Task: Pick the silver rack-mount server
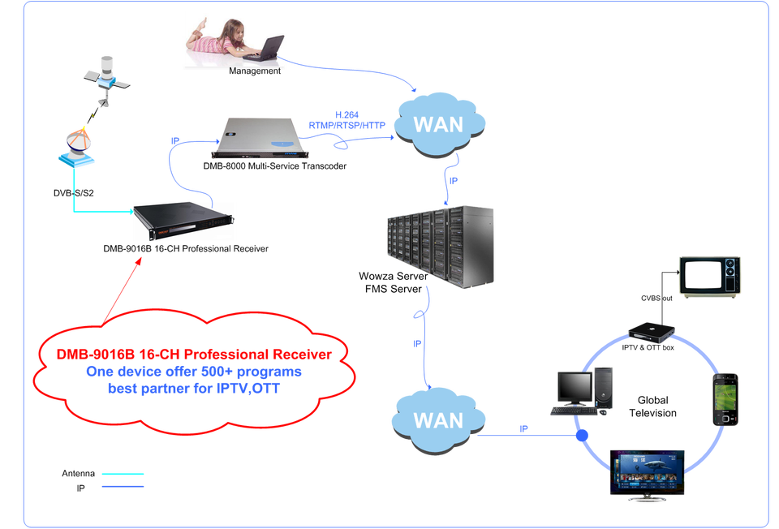point(260,138)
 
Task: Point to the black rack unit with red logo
point(183,221)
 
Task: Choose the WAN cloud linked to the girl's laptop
point(439,124)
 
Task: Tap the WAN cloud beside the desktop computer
point(438,419)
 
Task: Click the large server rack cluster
point(439,244)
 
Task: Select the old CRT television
point(710,276)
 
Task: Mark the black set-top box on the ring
point(652,330)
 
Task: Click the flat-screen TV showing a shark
point(647,472)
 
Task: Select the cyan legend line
point(123,474)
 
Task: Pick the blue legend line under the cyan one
point(123,486)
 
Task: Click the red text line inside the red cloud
point(193,355)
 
